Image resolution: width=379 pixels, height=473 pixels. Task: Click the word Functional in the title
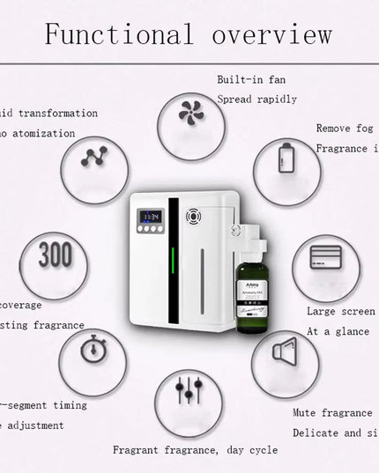[x=118, y=35]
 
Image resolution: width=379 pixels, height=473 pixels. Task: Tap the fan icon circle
[x=190, y=113]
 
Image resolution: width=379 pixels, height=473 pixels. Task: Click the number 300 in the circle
[x=55, y=255]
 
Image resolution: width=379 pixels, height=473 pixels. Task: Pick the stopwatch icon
[x=93, y=349]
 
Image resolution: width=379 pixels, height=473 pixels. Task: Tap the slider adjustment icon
[x=189, y=390]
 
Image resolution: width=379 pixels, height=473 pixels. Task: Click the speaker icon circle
[x=285, y=352]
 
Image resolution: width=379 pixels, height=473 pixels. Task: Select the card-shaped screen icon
[x=325, y=257]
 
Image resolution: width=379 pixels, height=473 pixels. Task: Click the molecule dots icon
[x=93, y=157]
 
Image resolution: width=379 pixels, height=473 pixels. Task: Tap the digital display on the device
[x=151, y=216]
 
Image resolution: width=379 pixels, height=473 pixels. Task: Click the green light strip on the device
[x=173, y=264]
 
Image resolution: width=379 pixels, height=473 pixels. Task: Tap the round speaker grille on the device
[x=193, y=214]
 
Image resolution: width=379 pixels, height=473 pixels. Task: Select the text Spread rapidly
[x=256, y=100]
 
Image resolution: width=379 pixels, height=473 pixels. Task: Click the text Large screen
[x=340, y=311]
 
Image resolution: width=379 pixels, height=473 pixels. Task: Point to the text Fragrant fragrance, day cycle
[x=195, y=450]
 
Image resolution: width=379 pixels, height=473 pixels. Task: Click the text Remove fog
[x=345, y=129]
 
